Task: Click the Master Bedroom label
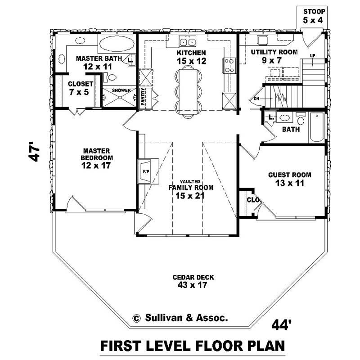[x=97, y=158]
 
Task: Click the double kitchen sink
[x=188, y=42]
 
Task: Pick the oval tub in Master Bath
[x=116, y=44]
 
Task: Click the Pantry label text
[x=143, y=97]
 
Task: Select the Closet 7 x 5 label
[x=81, y=88]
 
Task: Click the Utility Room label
[x=274, y=56]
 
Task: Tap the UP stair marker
[x=312, y=55]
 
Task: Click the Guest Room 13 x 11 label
[x=289, y=179]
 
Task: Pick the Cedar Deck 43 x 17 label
[x=186, y=281]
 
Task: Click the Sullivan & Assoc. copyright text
[x=180, y=318]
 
